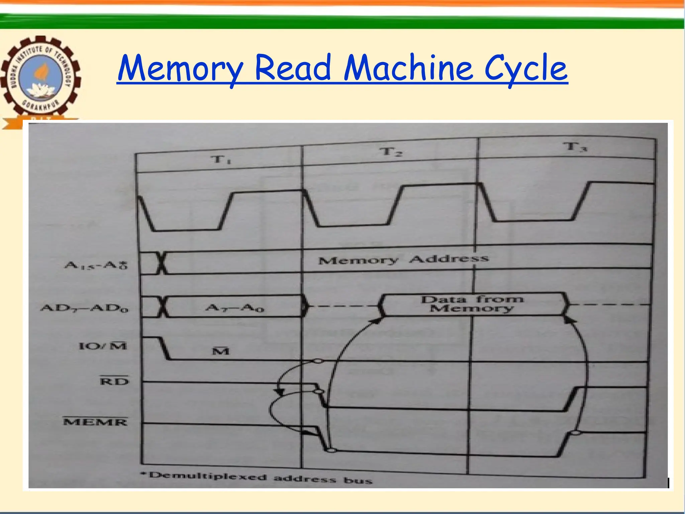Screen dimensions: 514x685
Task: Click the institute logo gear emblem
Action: (x=40, y=79)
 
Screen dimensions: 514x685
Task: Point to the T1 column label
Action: (x=221, y=159)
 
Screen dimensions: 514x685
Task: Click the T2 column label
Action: (x=391, y=152)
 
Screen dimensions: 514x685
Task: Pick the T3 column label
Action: (x=575, y=147)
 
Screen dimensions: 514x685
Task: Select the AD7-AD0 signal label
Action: (x=85, y=308)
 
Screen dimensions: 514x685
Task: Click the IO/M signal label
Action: (x=103, y=345)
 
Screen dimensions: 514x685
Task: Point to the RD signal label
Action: (x=114, y=381)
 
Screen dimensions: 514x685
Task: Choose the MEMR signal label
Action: (x=96, y=422)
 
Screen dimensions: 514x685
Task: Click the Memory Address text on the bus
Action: (x=403, y=259)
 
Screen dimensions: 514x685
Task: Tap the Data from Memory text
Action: (x=472, y=304)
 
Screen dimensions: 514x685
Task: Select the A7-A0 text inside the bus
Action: (x=234, y=307)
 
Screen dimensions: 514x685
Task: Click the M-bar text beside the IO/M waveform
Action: (x=221, y=351)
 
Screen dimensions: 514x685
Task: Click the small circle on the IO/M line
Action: (x=318, y=361)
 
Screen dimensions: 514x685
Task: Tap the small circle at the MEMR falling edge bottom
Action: (x=331, y=450)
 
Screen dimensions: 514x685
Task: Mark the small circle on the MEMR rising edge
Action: (x=575, y=433)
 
